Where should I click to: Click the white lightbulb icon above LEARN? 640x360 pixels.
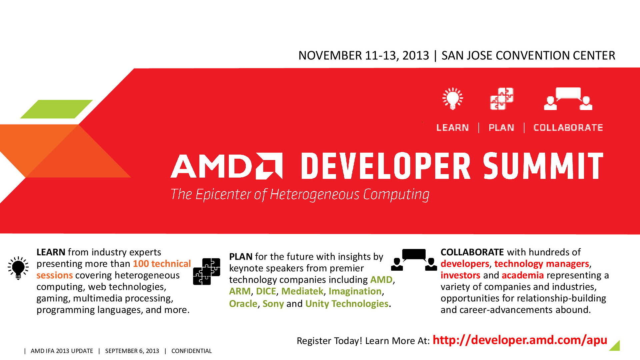(x=452, y=99)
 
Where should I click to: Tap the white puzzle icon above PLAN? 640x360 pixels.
(x=502, y=99)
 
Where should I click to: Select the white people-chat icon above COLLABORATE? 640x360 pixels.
(x=568, y=99)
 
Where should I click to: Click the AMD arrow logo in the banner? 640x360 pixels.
(x=269, y=166)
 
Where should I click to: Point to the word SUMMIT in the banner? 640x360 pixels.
(x=543, y=166)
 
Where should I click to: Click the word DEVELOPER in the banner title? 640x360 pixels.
(x=386, y=166)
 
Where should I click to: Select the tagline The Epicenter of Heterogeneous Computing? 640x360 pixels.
(x=300, y=195)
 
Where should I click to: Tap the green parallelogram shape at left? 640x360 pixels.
(x=56, y=109)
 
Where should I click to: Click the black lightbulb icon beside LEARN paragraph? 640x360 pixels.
(x=18, y=268)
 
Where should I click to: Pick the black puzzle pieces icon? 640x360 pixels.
(x=207, y=271)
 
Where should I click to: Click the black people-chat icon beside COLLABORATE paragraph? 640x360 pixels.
(x=414, y=260)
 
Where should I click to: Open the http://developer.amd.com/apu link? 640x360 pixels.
(x=520, y=340)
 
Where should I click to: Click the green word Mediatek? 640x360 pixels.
(x=302, y=291)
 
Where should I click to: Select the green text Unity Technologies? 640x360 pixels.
(x=347, y=304)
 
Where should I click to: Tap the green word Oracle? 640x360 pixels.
(x=243, y=304)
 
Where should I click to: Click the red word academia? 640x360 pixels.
(x=522, y=275)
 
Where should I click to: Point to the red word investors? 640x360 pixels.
(x=460, y=275)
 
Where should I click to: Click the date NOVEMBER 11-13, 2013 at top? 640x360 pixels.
(x=364, y=55)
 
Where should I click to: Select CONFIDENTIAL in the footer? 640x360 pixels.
(x=191, y=351)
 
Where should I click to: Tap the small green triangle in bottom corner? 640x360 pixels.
(x=616, y=347)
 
